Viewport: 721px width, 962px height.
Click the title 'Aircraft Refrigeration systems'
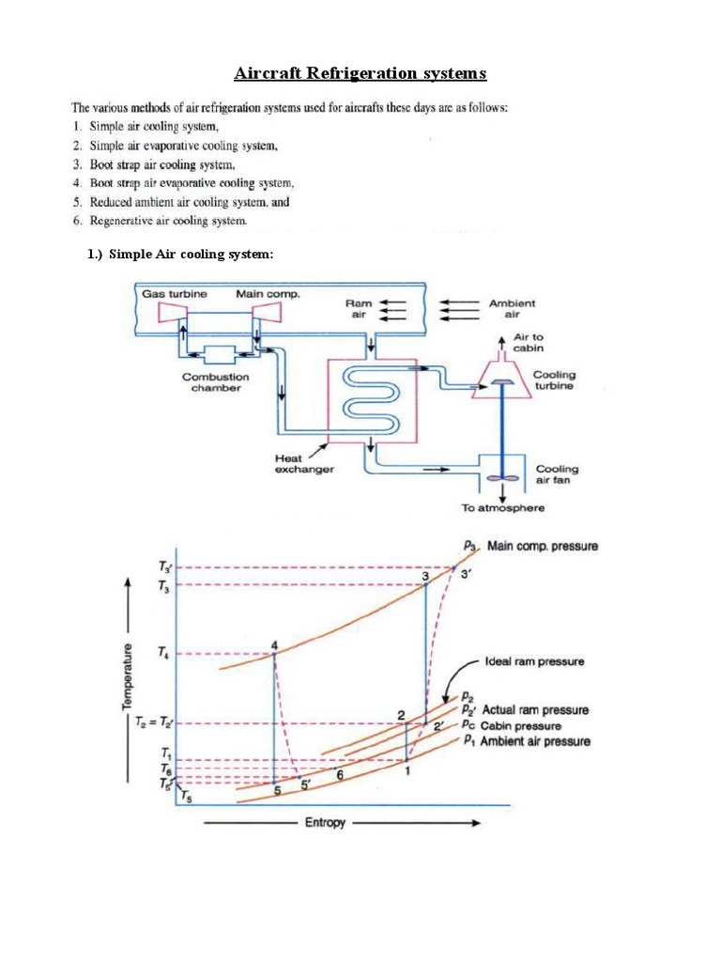360,73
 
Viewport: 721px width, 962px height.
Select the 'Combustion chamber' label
216,382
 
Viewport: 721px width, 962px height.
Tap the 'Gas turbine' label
175,294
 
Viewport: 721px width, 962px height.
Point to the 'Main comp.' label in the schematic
268,294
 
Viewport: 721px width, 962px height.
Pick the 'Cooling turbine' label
555,380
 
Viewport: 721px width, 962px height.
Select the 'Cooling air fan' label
557,474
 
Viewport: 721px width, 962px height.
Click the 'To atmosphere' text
502,508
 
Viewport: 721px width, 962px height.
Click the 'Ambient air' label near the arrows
513,309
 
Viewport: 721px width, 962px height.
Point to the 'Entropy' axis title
325,823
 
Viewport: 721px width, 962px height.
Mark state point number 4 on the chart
274,644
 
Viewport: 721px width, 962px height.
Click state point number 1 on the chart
407,771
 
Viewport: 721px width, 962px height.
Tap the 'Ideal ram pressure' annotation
535,661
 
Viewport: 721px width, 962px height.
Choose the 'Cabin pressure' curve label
521,725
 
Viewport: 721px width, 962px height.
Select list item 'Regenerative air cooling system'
168,221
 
